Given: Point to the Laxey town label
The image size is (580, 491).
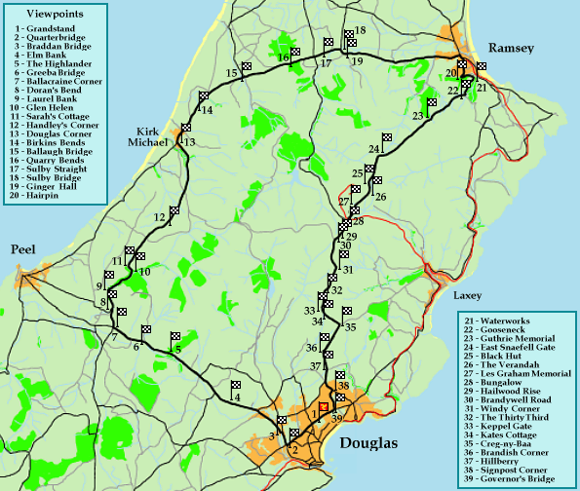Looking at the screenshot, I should pos(468,294).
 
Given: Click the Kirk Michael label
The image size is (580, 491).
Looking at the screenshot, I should pos(155,136).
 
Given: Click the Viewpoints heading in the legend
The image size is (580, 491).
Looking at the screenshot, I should pos(55,16).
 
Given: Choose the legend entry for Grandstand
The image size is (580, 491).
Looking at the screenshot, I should pos(48,31).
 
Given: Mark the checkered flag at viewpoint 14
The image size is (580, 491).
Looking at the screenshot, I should pos(205,96).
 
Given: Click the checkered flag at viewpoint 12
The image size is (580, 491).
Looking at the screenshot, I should pos(175,210).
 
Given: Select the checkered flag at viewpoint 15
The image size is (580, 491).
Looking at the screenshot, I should pos(248,66).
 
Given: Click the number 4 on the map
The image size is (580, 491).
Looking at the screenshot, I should pos(235,397).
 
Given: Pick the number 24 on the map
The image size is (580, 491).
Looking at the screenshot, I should pos(374,149).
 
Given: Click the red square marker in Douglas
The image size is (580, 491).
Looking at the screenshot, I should pos(323,407).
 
